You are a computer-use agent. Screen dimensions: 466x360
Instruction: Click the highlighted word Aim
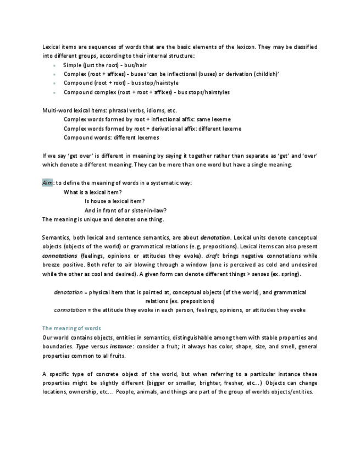pyautogui.click(x=47, y=183)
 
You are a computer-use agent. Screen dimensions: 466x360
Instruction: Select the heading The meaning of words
pyautogui.click(x=71, y=328)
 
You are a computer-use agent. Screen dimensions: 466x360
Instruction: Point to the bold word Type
pyautogui.click(x=82, y=346)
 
